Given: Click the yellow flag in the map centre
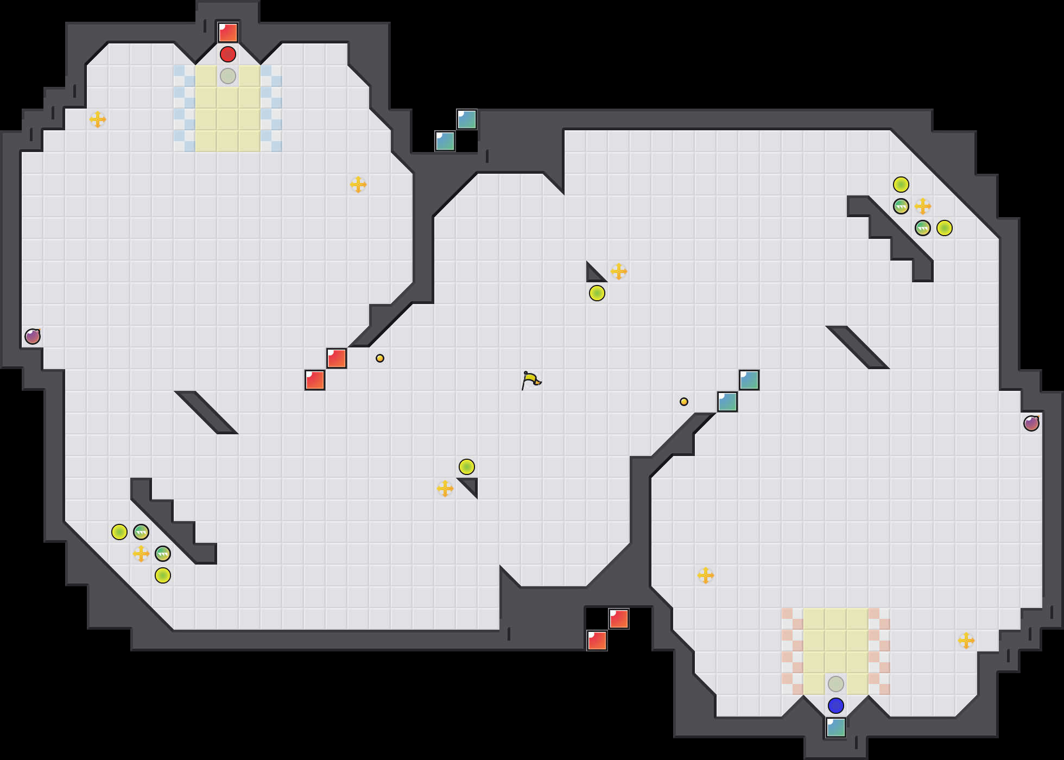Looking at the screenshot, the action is [531, 380].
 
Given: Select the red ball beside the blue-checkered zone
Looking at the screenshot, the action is [228, 54].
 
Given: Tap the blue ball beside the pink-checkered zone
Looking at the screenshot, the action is [836, 706].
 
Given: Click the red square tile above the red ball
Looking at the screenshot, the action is [228, 33].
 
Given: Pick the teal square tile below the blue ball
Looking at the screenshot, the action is [836, 727].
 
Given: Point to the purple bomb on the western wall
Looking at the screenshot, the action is [33, 337].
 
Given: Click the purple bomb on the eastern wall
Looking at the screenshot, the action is [1031, 423].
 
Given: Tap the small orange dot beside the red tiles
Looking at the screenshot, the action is [380, 358].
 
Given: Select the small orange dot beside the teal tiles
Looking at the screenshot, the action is [684, 402].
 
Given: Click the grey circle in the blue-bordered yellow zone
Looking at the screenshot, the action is [228, 76].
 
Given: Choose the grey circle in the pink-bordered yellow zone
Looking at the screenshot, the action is [836, 684].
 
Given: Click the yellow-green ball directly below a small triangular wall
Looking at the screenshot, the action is [597, 293].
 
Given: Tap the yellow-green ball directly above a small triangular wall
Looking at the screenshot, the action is [467, 467].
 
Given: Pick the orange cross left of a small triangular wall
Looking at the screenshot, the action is [445, 489].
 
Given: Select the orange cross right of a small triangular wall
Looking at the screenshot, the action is [619, 271].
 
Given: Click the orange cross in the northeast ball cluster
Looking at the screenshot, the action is [923, 206].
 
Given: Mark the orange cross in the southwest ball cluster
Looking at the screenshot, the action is [141, 554].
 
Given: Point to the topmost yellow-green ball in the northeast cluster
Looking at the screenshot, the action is [901, 185].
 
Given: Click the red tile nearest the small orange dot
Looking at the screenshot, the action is [337, 358].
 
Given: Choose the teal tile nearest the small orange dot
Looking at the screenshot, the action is [727, 402].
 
